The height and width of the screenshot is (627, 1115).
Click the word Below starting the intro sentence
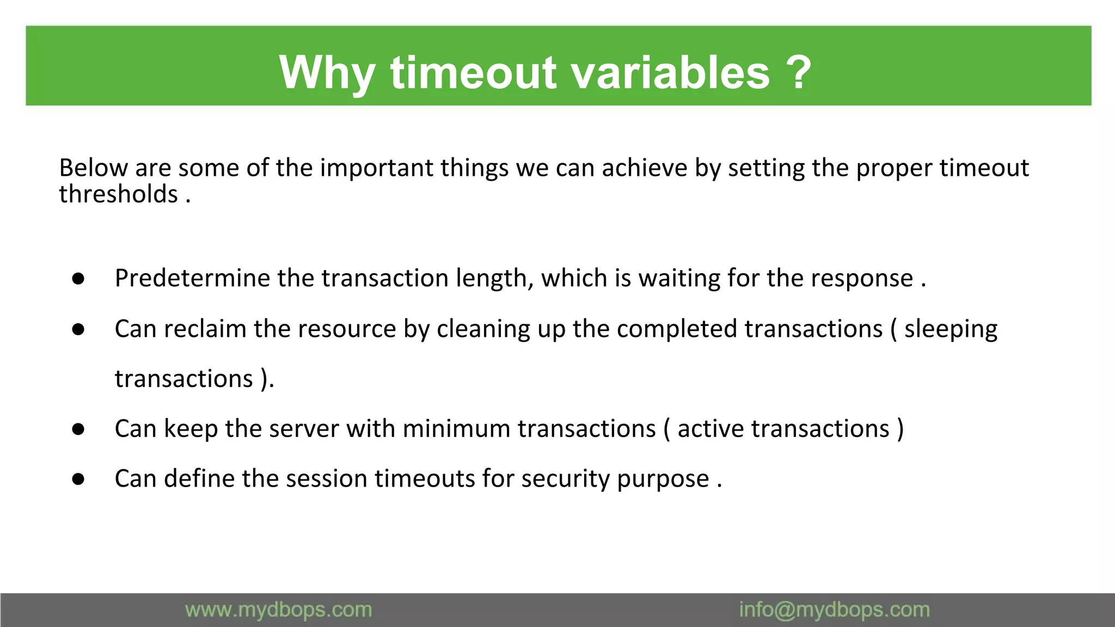[93, 168]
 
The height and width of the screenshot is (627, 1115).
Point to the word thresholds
[119, 194]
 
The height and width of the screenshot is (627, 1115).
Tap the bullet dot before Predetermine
[78, 279]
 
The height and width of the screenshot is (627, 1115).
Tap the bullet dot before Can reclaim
[78, 329]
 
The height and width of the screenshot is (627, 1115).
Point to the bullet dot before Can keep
[78, 429]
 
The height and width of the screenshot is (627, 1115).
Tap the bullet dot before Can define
[78, 480]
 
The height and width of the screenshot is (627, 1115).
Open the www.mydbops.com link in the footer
[278, 610]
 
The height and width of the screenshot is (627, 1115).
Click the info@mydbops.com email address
[834, 610]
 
